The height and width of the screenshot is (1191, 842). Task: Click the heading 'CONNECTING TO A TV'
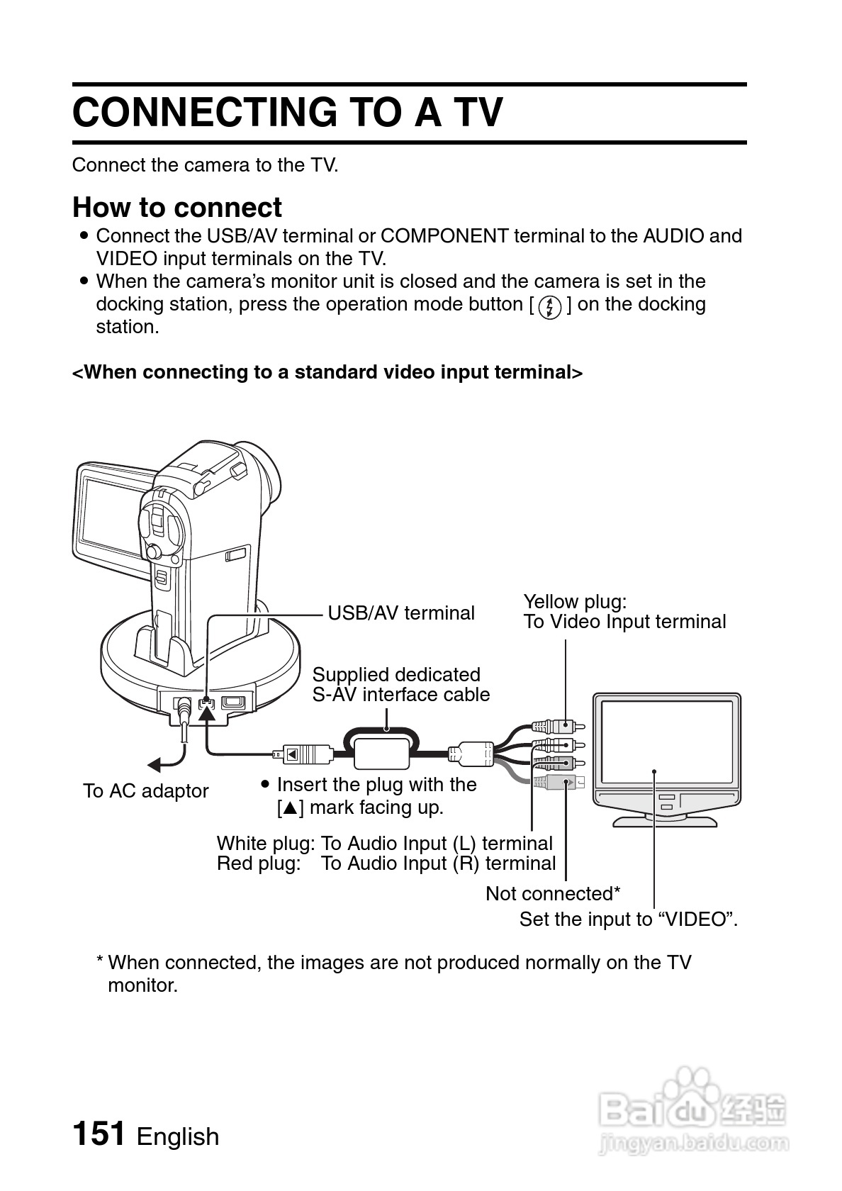pyautogui.click(x=287, y=113)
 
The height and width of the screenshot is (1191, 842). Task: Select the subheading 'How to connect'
pyautogui.click(x=177, y=208)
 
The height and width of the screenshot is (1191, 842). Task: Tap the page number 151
pyautogui.click(x=99, y=1133)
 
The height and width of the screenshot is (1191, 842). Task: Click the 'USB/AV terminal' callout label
pyautogui.click(x=401, y=613)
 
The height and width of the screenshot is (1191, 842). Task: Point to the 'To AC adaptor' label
pyautogui.click(x=145, y=791)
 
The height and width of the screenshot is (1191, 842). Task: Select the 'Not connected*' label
pyautogui.click(x=553, y=894)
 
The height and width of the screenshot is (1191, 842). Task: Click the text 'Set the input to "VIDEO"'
pyautogui.click(x=628, y=919)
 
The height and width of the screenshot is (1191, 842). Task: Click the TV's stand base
pyautogui.click(x=665, y=820)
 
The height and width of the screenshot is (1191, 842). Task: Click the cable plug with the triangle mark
pyautogui.click(x=307, y=754)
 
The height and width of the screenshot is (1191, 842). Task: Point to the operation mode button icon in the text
pyautogui.click(x=550, y=306)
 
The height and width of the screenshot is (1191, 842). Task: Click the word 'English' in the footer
pyautogui.click(x=178, y=1136)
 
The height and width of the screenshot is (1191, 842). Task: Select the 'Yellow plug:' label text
pyautogui.click(x=575, y=602)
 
